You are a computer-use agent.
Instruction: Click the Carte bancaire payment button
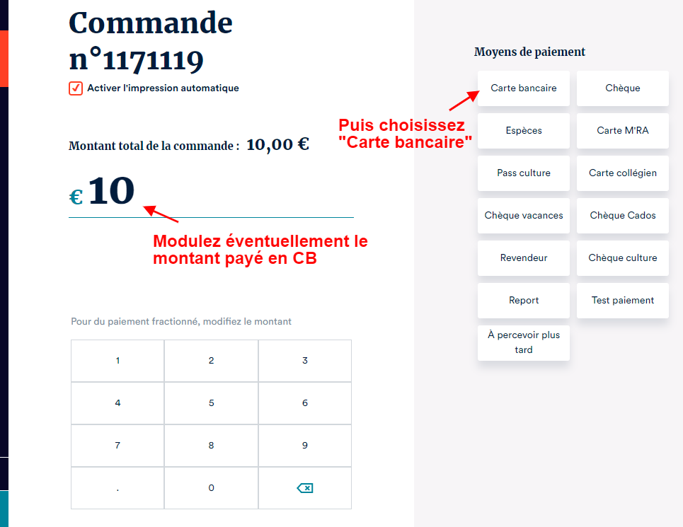tap(524, 88)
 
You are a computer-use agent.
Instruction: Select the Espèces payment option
tap(524, 131)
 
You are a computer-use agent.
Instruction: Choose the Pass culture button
tap(524, 173)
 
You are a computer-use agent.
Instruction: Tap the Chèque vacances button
tap(524, 216)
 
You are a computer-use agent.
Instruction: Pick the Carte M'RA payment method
tap(622, 131)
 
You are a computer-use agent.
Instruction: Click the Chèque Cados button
tap(622, 216)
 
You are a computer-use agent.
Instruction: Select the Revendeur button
tap(524, 258)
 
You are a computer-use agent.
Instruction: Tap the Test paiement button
tap(622, 300)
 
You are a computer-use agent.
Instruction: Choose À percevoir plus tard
tap(524, 343)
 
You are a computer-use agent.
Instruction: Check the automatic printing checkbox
tap(76, 88)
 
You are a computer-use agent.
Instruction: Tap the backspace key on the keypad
tap(305, 488)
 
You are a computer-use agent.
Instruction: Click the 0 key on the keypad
tap(211, 488)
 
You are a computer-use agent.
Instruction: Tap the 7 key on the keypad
tap(117, 446)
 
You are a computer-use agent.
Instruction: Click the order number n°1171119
tap(137, 60)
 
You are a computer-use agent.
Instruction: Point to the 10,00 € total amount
tap(278, 144)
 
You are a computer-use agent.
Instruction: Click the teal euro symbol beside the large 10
tap(76, 197)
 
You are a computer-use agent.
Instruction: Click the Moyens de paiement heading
tap(529, 52)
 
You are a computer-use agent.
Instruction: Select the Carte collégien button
tap(622, 173)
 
